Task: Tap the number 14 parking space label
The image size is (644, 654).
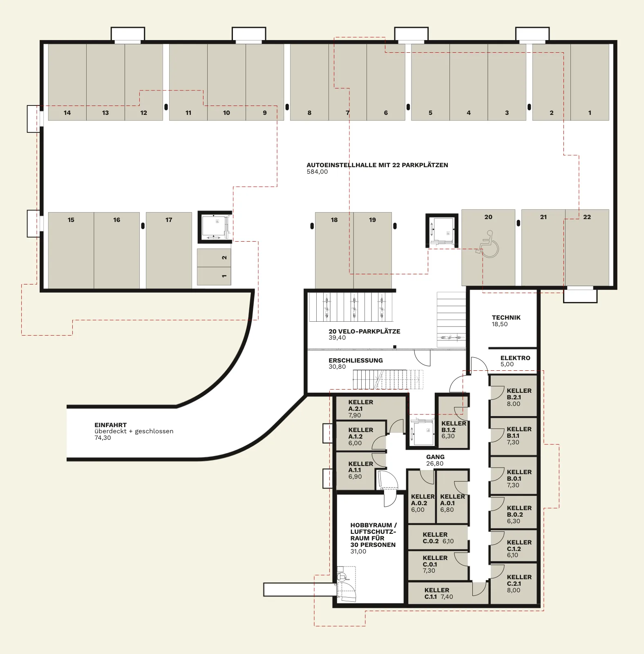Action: click(67, 113)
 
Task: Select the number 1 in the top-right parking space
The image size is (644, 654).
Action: click(590, 113)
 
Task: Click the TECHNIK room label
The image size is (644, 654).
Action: click(506, 318)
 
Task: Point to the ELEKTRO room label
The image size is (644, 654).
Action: click(515, 358)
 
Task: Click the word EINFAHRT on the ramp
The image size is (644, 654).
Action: click(110, 425)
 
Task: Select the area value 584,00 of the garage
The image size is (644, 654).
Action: click(317, 172)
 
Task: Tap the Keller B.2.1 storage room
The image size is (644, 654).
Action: click(513, 396)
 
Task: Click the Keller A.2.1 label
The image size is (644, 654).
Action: click(361, 405)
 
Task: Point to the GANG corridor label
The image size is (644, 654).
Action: click(435, 457)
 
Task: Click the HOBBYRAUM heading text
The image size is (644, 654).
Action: click(373, 525)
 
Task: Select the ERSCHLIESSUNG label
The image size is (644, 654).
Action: click(356, 361)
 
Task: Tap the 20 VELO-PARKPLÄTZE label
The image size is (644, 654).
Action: click(364, 331)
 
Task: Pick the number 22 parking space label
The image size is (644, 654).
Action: click(587, 217)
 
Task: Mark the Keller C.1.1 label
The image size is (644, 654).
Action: click(437, 594)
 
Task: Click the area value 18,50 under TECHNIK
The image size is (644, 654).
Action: click(499, 324)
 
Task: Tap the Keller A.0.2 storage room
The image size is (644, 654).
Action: click(421, 497)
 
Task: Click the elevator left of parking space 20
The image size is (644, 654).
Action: click(442, 231)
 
